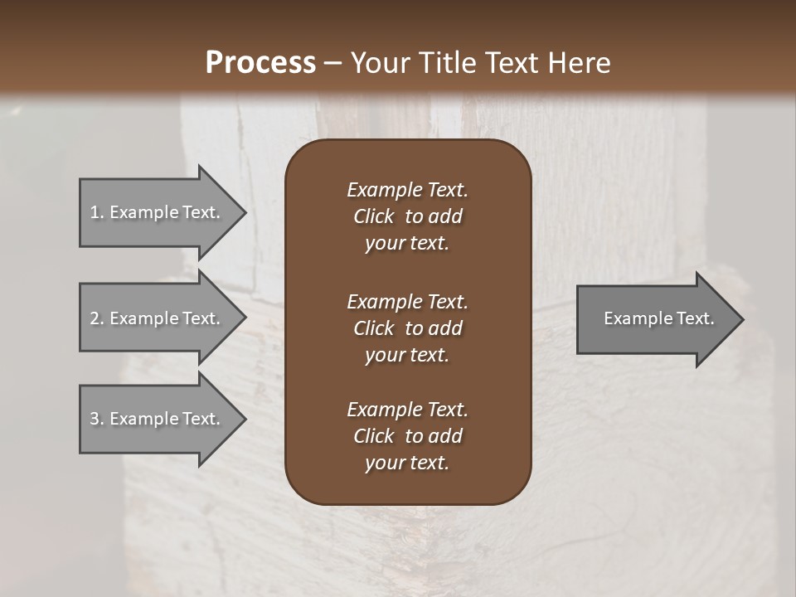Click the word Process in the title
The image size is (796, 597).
tap(260, 63)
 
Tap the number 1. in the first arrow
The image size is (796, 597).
tap(97, 212)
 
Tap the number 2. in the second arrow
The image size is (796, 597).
tap(97, 318)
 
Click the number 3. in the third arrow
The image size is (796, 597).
tap(97, 419)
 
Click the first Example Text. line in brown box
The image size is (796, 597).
tap(407, 190)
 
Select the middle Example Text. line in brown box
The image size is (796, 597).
tap(407, 302)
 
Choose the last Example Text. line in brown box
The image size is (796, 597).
tap(407, 410)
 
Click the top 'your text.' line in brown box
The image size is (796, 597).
tap(407, 244)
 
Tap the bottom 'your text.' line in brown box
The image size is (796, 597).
tap(407, 464)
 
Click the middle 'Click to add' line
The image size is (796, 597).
tap(407, 328)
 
